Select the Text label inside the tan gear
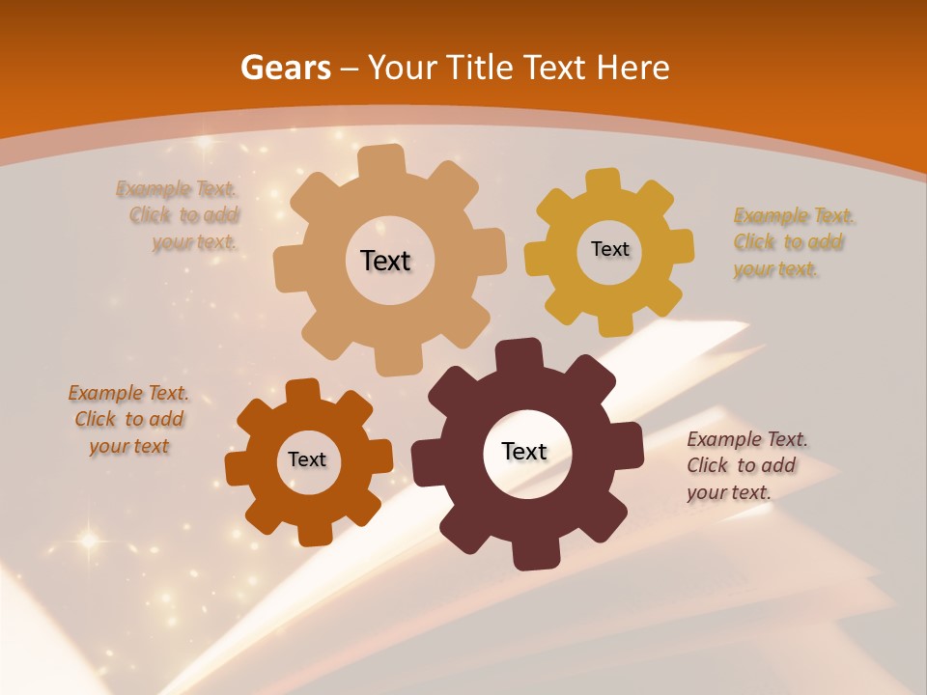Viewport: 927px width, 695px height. pos(385,261)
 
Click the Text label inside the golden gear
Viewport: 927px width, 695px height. pos(609,249)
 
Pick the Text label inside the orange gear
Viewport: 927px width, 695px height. pos(307,459)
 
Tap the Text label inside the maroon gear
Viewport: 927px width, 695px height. pos(524,451)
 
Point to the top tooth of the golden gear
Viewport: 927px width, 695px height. pos(604,181)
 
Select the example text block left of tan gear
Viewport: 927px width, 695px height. pos(180,215)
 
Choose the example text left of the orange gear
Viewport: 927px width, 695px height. pos(128,419)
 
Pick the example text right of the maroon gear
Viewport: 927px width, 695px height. pos(746,465)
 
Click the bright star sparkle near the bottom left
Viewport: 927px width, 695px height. pos(89,541)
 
